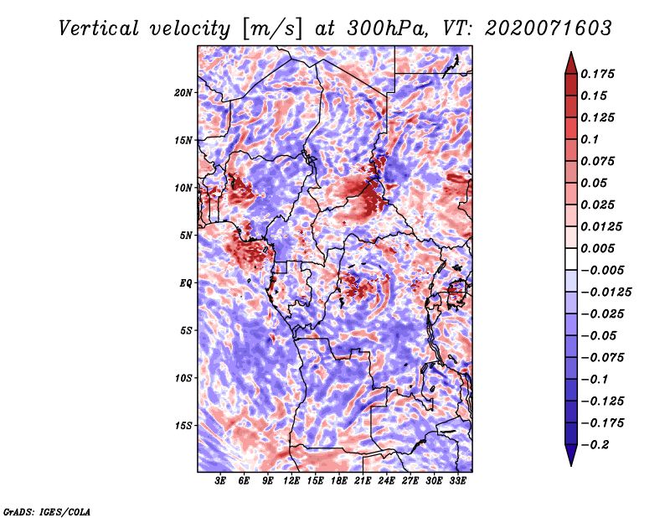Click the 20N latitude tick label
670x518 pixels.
(x=183, y=93)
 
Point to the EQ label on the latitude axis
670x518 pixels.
(x=186, y=283)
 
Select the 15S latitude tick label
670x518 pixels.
(x=183, y=426)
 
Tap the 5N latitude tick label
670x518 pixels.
(x=186, y=236)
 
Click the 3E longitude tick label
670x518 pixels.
(x=220, y=480)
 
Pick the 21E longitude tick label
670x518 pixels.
(x=363, y=480)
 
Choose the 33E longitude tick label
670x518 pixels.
(x=457, y=480)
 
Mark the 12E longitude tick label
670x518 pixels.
(x=291, y=480)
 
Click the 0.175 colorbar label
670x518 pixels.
(x=597, y=74)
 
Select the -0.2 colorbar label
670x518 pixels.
(x=595, y=445)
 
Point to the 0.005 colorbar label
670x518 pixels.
(x=597, y=248)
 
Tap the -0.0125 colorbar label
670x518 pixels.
(x=606, y=293)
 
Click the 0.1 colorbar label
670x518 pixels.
(x=590, y=139)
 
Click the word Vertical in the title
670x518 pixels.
(x=98, y=28)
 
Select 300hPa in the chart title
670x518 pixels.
(x=388, y=28)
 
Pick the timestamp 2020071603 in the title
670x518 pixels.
(x=549, y=28)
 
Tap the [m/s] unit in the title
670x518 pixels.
(x=272, y=29)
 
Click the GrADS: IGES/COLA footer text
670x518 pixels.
(x=47, y=511)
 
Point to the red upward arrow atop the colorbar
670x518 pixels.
(x=571, y=63)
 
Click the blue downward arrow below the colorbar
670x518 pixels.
(x=571, y=455)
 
